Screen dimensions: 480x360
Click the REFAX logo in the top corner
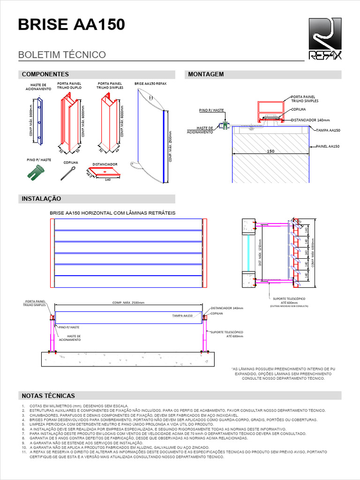click(325, 39)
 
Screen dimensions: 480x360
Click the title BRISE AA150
click(71, 24)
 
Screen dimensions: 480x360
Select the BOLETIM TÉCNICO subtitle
click(62, 55)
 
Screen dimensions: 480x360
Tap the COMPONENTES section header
click(45, 75)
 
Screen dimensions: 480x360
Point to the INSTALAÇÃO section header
click(42, 199)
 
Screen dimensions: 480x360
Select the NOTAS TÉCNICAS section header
click(48, 396)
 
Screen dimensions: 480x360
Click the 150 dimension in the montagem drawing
click(270, 151)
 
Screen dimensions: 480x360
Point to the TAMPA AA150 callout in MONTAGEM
click(328, 130)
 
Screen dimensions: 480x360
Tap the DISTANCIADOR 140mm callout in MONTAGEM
click(310, 120)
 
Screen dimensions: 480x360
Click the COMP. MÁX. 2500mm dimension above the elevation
click(128, 303)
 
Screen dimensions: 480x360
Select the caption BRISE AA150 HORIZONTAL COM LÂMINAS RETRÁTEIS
click(112, 213)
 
